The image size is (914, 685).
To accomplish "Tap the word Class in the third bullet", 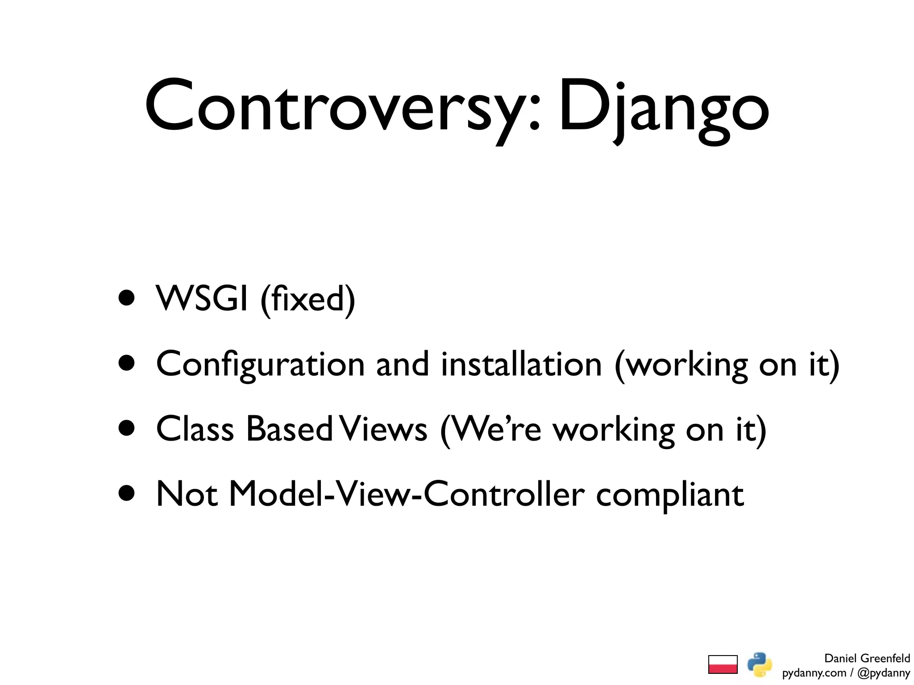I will coord(195,429).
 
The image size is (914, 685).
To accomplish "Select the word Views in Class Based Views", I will coord(383,429).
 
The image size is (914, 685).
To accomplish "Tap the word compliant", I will coord(670,496).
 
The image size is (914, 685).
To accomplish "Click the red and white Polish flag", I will coord(723,664).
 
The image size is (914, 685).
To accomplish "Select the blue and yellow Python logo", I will coord(760,664).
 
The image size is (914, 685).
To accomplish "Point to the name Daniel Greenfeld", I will coord(867,658).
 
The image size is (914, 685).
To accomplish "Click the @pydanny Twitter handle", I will coord(884,673).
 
